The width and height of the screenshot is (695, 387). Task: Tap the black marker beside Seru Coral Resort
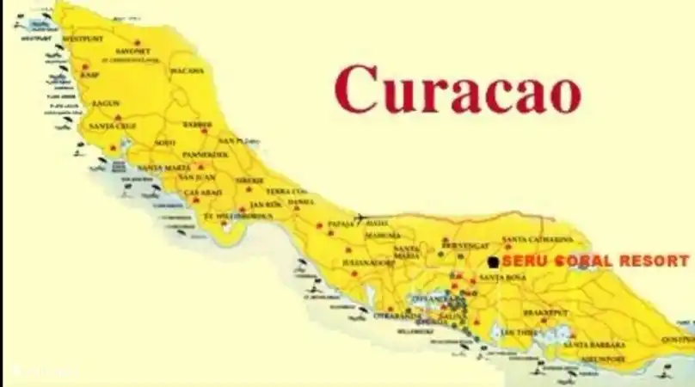[493, 261]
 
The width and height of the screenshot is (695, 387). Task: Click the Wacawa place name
[187, 71]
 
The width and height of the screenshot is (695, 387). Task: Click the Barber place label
[196, 124]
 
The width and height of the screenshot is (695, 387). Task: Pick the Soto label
[165, 142]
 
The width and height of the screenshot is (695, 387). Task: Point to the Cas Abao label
[204, 192]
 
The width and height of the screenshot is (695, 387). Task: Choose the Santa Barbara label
[594, 345]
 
